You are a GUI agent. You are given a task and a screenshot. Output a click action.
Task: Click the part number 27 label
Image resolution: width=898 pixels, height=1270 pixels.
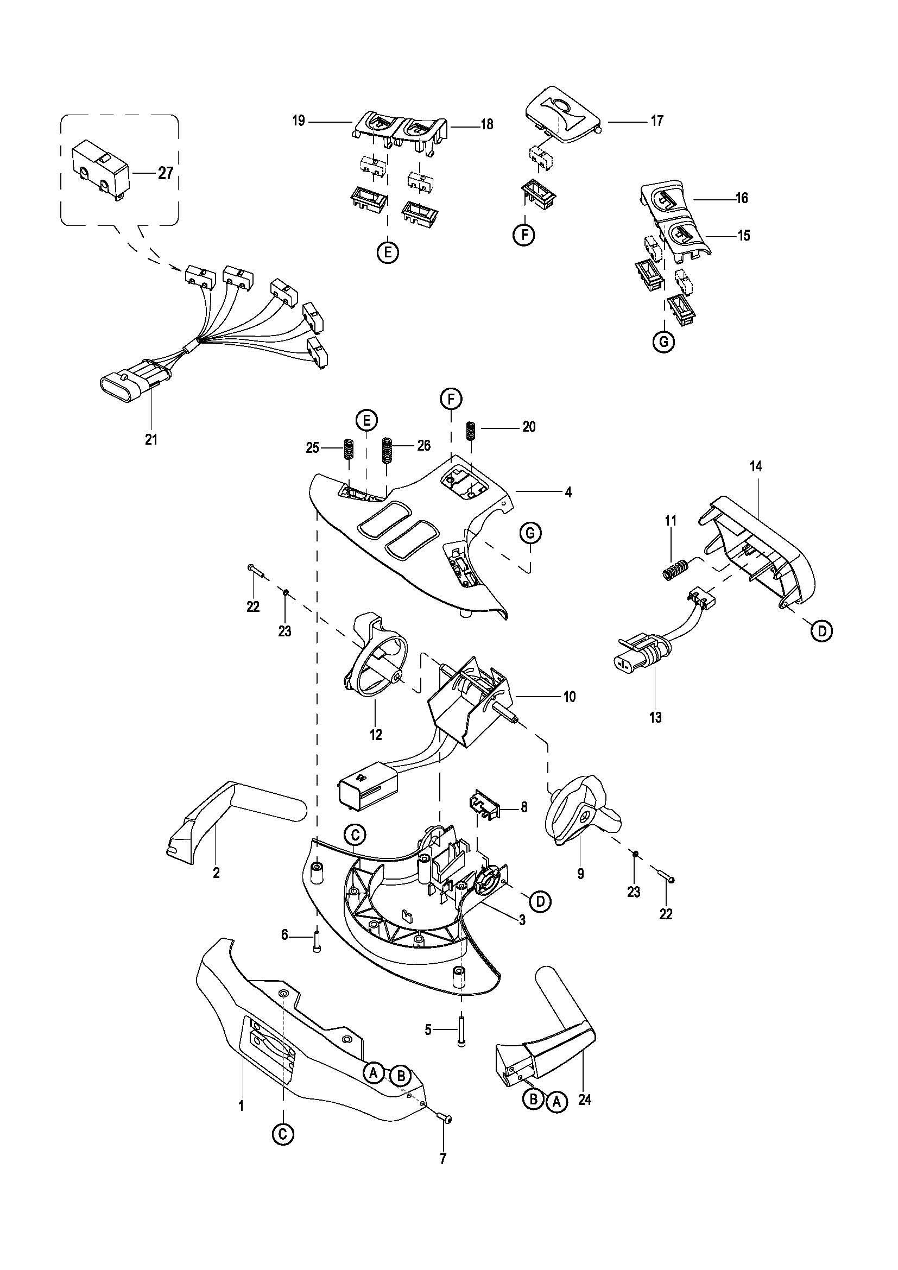[x=166, y=173]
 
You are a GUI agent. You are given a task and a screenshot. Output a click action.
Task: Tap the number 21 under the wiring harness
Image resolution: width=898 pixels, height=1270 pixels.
[x=151, y=440]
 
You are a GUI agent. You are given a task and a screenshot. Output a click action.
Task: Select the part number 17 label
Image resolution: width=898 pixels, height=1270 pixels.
[x=657, y=121]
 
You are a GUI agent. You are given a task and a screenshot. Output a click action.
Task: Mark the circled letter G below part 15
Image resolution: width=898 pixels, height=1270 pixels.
[x=663, y=343]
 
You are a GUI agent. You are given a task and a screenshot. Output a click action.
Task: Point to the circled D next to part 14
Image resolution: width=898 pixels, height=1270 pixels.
[x=821, y=630]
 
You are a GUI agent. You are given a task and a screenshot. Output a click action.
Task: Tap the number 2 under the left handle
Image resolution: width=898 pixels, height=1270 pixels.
[x=216, y=873]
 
